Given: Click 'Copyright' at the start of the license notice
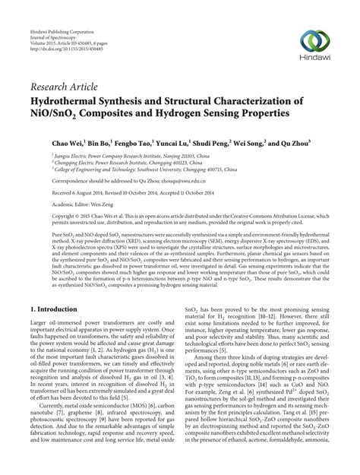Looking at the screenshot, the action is (x=43, y=217).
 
